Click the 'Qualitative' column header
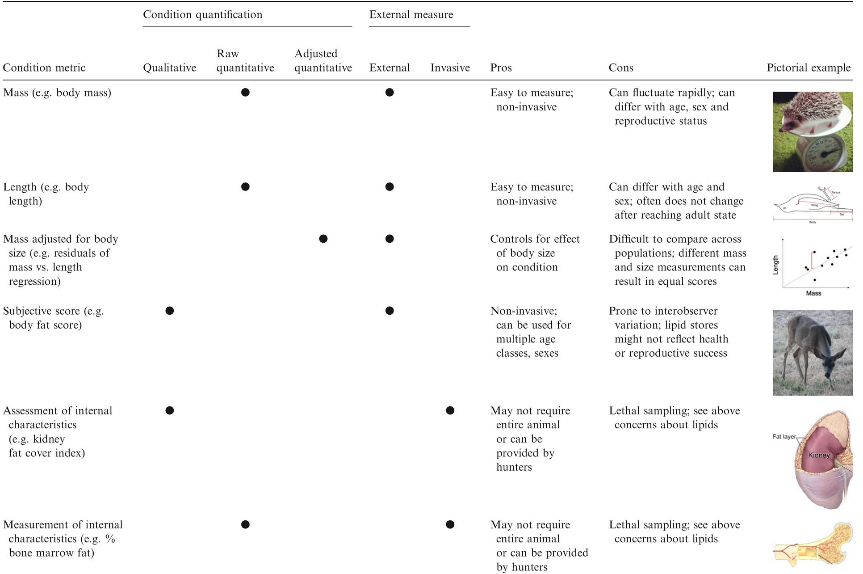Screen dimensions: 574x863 (x=169, y=68)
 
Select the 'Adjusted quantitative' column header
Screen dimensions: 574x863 (x=323, y=61)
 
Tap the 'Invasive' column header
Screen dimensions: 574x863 (x=450, y=68)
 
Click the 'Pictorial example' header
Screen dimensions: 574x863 (x=809, y=68)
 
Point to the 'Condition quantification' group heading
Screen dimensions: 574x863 (x=202, y=15)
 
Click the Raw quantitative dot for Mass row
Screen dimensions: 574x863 (x=245, y=93)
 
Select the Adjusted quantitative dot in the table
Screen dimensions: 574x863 (x=323, y=239)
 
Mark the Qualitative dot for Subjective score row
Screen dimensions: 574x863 (x=170, y=311)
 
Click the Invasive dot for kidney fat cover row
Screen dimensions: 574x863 (x=450, y=410)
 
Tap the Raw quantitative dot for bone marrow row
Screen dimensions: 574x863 (x=245, y=524)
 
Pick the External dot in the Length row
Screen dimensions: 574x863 (x=390, y=187)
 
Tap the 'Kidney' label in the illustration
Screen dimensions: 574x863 (x=819, y=455)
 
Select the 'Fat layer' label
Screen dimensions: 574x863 (x=784, y=437)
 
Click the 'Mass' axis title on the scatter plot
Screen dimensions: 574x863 (x=813, y=293)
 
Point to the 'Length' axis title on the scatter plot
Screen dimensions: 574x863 (x=776, y=265)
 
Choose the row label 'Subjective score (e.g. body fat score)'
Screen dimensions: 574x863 (x=54, y=318)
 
